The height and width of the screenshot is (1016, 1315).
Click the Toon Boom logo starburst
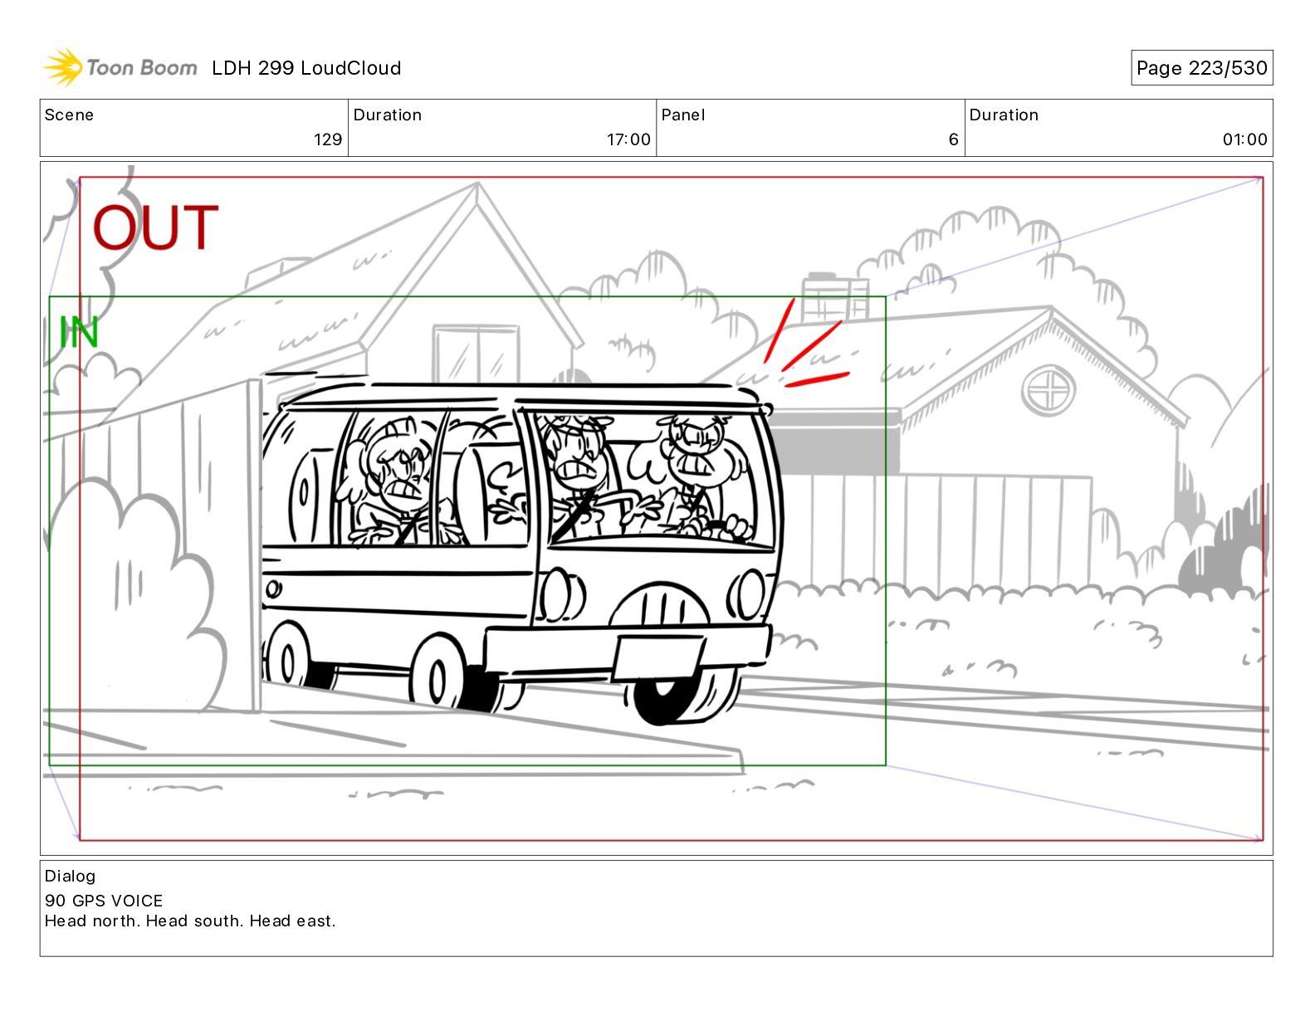tap(63, 66)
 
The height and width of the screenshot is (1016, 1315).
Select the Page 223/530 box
tap(1202, 68)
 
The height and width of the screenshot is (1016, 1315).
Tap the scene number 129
tap(328, 139)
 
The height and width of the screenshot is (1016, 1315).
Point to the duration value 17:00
tap(628, 139)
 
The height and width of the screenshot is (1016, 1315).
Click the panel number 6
tap(953, 139)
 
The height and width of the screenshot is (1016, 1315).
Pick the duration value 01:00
tap(1244, 139)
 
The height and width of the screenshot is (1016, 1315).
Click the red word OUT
tap(155, 227)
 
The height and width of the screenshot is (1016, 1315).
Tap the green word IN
tap(79, 332)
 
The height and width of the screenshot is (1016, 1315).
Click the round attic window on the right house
tap(1049, 390)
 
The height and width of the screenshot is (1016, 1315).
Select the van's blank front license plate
tap(658, 657)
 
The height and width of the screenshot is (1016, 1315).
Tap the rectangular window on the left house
tap(476, 354)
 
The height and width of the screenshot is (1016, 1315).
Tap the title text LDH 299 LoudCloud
tap(306, 68)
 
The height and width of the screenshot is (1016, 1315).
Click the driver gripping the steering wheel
tap(702, 478)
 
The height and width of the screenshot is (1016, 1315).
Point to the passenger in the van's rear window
tap(396, 481)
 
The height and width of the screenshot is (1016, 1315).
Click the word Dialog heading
tap(71, 877)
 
